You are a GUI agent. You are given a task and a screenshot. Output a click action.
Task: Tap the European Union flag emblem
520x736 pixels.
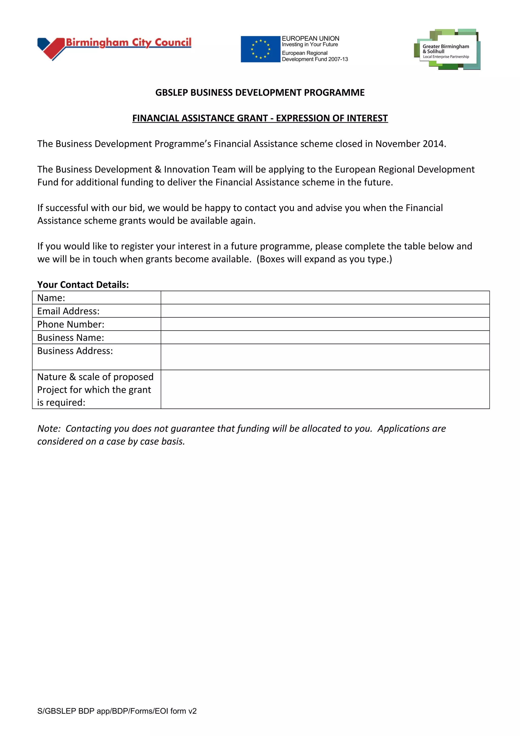click(x=260, y=49)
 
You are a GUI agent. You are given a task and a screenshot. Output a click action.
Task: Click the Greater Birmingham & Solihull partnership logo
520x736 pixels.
click(x=447, y=50)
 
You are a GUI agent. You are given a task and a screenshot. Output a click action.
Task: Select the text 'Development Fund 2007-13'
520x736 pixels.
click(x=315, y=59)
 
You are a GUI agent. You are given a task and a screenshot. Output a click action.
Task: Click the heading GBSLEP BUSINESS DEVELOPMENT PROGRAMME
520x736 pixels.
click(x=260, y=93)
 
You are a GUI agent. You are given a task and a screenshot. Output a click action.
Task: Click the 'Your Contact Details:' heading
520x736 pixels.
click(x=83, y=285)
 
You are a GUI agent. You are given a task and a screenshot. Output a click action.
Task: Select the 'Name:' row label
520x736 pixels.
click(x=51, y=298)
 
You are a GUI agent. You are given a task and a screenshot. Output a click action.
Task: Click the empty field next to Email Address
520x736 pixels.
click(x=325, y=311)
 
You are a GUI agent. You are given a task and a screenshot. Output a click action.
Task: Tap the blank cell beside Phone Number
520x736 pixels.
click(x=325, y=324)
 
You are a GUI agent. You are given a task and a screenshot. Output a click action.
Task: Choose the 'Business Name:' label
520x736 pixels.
click(x=71, y=338)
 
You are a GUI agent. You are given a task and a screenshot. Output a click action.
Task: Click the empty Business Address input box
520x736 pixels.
click(x=325, y=357)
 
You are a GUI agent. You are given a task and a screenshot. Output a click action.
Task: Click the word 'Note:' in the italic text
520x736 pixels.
click(x=49, y=429)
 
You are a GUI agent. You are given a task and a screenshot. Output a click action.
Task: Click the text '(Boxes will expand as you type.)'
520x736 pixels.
click(x=324, y=259)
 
